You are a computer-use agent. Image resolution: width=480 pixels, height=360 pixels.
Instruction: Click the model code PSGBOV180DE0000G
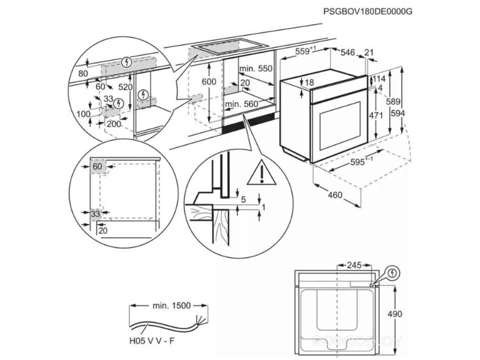click(368, 11)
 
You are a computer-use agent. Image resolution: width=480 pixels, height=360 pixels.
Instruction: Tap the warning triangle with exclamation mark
click(262, 172)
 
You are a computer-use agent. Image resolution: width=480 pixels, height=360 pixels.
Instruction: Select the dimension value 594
click(398, 113)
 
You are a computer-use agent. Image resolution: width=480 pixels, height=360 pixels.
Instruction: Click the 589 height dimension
click(393, 101)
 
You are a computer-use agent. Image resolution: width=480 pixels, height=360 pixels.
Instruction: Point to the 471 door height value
click(376, 115)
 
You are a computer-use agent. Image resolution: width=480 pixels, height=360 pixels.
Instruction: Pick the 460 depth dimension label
click(335, 195)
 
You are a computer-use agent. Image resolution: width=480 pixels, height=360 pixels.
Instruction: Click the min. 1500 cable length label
click(172, 305)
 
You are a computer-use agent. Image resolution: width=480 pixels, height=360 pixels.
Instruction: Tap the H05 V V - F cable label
click(152, 341)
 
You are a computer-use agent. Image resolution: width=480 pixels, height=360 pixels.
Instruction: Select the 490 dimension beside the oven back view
click(395, 314)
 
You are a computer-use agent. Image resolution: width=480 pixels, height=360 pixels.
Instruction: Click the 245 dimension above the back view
click(354, 265)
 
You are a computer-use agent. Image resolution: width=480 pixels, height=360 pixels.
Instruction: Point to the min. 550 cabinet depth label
click(256, 69)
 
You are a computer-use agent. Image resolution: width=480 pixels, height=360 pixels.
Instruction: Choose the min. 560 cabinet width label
click(241, 104)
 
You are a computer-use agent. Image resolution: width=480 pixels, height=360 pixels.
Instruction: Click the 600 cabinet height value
click(209, 82)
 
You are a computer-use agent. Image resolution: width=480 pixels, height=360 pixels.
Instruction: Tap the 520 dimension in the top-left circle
click(125, 87)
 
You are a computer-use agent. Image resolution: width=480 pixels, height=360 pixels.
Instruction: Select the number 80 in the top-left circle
click(83, 73)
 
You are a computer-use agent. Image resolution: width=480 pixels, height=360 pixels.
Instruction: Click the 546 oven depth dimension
click(348, 52)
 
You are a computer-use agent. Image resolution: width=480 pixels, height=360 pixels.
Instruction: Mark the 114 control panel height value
click(379, 79)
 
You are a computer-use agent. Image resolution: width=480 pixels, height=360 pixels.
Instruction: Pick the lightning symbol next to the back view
click(393, 273)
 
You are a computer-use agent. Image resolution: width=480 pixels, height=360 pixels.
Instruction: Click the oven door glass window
click(340, 126)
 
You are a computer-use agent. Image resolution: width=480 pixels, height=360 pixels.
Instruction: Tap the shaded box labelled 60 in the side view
click(98, 166)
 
